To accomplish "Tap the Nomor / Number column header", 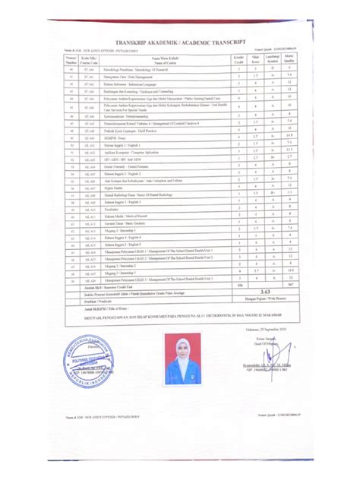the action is (71, 58).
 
